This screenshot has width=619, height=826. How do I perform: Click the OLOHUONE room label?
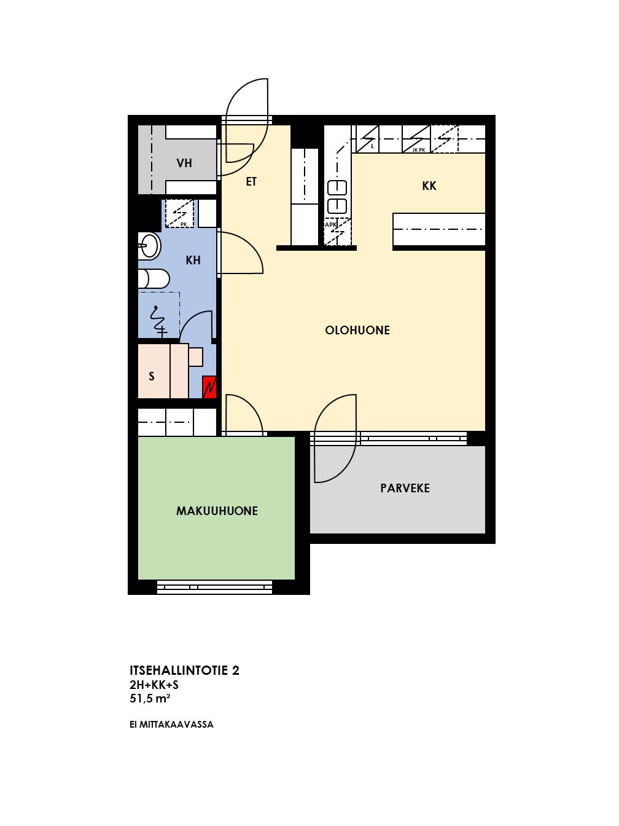[x=357, y=330]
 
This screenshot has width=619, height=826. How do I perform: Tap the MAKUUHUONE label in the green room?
[x=217, y=511]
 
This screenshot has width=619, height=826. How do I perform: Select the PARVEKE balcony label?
[x=405, y=488]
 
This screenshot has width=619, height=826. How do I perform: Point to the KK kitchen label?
[x=429, y=186]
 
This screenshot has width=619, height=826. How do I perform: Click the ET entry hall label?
[x=251, y=182]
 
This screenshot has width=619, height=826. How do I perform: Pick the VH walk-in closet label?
[x=184, y=163]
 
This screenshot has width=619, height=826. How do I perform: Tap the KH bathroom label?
[x=193, y=260]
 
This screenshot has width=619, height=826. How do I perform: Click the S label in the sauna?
[x=152, y=376]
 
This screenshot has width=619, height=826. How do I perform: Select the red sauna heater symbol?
[x=209, y=387]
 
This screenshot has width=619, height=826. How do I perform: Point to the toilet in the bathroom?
[x=154, y=279]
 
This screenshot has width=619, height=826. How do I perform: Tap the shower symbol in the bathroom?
[x=158, y=321]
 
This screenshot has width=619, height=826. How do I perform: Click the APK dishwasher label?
[x=330, y=225]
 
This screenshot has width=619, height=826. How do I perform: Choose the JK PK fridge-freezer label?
[x=419, y=150]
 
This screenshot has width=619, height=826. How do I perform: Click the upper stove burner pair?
[x=337, y=188]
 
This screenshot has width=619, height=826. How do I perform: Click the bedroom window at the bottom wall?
[x=214, y=587]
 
